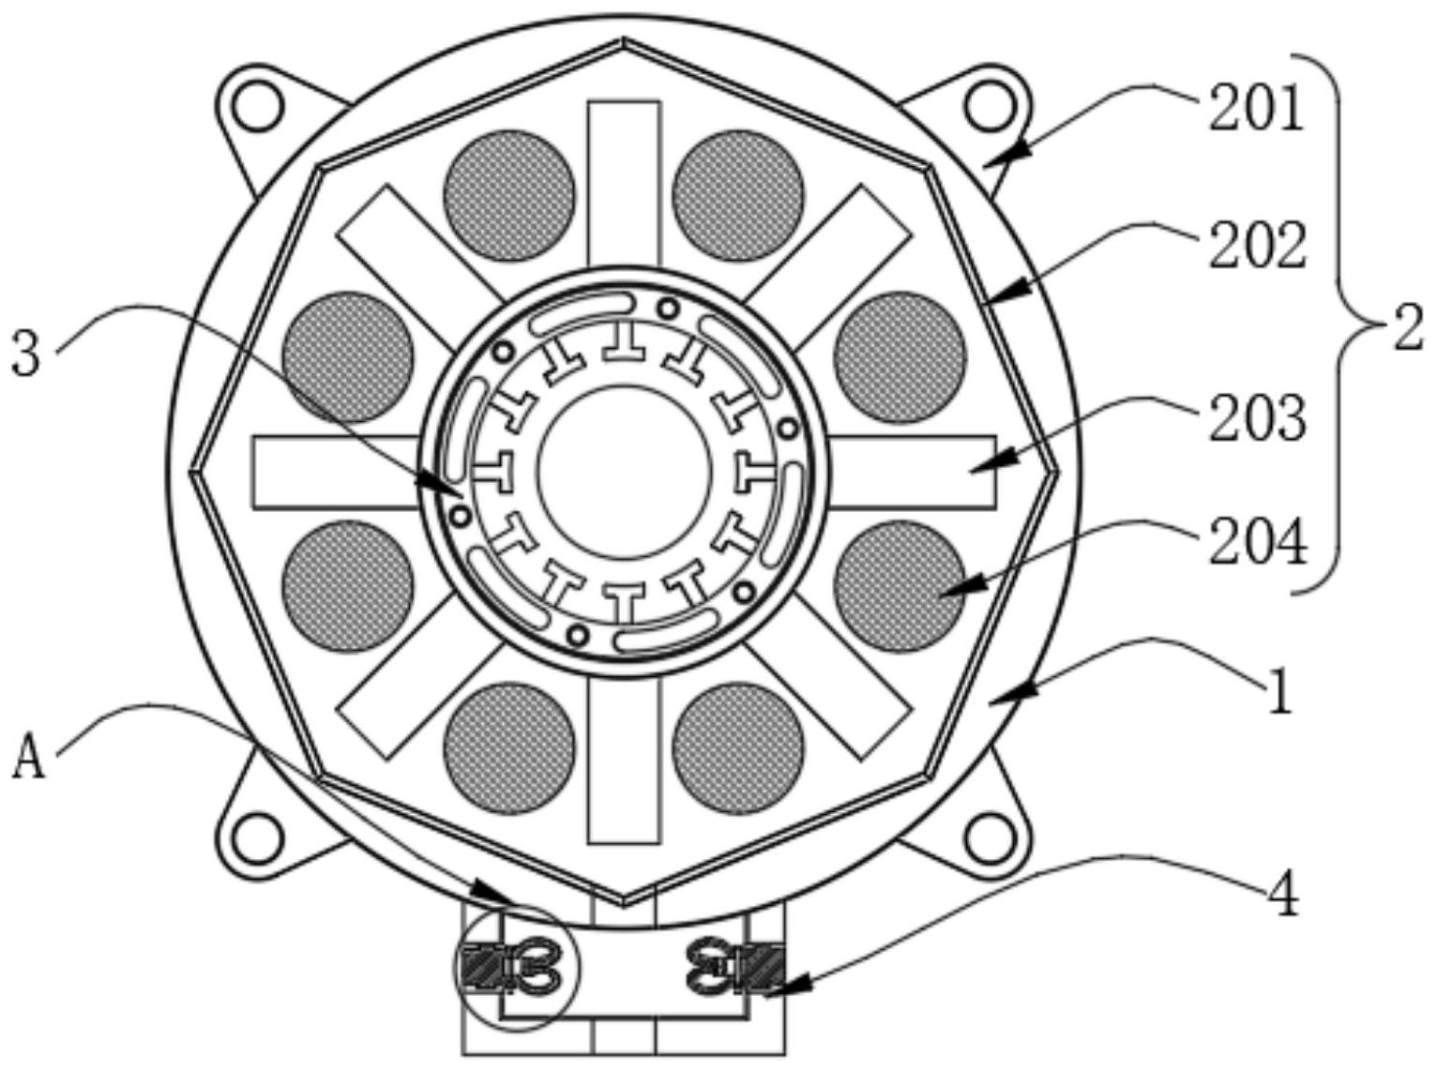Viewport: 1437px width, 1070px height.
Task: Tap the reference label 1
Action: (1278, 691)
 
